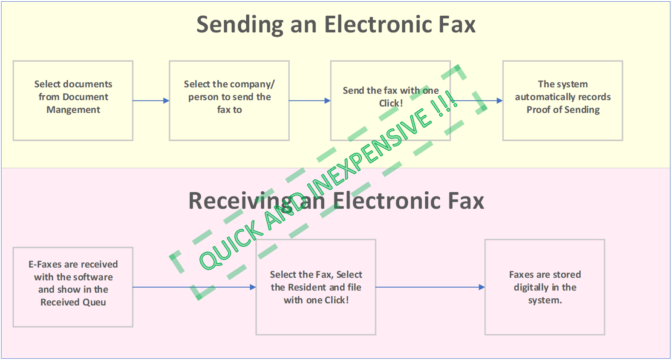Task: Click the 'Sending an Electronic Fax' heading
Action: pos(336,24)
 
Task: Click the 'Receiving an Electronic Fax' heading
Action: pos(336,201)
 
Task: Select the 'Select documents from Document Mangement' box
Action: pos(73,101)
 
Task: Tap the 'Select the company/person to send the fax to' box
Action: pos(229,101)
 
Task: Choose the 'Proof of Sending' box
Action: pos(562,101)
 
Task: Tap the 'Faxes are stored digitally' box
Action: pos(545,287)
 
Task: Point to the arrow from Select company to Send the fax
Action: pos(309,101)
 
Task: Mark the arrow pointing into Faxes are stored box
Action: pos(430,287)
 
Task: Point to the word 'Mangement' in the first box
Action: pos(73,109)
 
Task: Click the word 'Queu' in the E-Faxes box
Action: pos(95,302)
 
